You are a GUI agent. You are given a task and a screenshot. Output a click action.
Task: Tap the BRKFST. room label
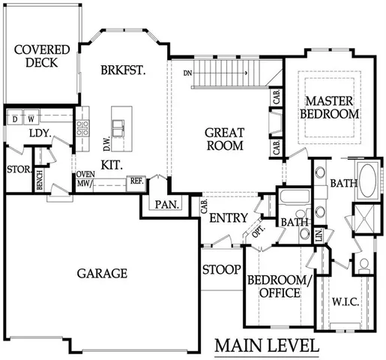pyautogui.click(x=122, y=70)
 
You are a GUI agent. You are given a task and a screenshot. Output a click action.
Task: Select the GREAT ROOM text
pyautogui.click(x=224, y=139)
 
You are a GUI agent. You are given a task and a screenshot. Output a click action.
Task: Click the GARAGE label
pyautogui.click(x=102, y=274)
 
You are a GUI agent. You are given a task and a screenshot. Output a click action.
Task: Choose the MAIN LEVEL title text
pyautogui.click(x=267, y=346)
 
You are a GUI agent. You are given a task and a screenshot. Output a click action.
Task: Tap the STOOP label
pyautogui.click(x=221, y=269)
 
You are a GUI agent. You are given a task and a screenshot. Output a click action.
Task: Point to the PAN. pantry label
pyautogui.click(x=164, y=205)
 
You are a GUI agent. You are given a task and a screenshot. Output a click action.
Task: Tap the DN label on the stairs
pyautogui.click(x=189, y=73)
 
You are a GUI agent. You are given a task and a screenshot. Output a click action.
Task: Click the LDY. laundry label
pyautogui.click(x=39, y=133)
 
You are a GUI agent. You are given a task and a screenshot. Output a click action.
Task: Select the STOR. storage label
pyautogui.click(x=16, y=169)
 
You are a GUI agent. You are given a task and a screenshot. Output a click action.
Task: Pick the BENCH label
pyautogui.click(x=39, y=179)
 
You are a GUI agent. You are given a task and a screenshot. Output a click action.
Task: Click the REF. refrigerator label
pyautogui.click(x=136, y=181)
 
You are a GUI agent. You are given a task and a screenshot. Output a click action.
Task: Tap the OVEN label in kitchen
pyautogui.click(x=83, y=175)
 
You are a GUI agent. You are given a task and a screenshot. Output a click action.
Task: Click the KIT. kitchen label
pyautogui.click(x=112, y=164)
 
